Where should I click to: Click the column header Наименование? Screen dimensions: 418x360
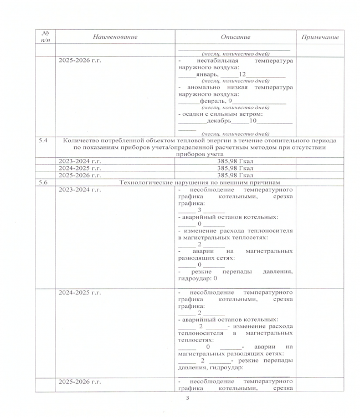115,37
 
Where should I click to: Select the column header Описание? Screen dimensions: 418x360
235,37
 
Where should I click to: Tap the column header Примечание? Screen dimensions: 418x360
320,37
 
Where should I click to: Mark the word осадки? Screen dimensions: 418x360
192,114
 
